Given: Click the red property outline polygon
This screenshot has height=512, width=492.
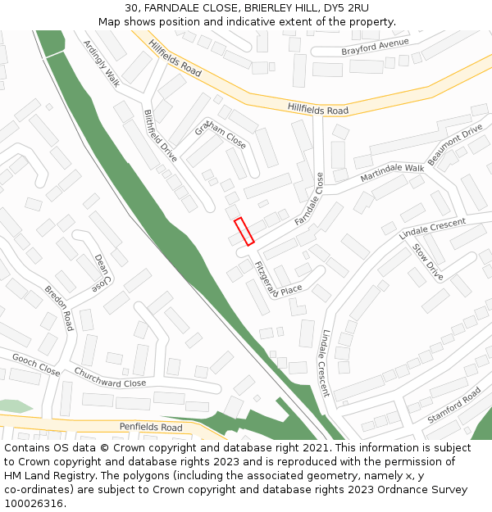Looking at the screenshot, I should [x=244, y=231].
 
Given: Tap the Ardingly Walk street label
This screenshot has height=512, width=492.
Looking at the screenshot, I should [x=101, y=63].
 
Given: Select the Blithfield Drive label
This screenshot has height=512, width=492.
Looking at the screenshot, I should [x=161, y=135].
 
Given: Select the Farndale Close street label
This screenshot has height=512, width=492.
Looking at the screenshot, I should [x=309, y=199].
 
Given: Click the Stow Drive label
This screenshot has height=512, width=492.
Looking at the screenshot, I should [x=427, y=261].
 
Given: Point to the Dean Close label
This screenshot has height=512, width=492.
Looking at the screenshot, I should [x=102, y=273].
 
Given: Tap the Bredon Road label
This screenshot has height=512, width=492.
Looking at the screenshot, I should [x=59, y=308].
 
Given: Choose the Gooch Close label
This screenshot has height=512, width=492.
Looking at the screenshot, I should [x=36, y=364].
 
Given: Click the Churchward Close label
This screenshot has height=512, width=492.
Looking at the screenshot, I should [x=110, y=378].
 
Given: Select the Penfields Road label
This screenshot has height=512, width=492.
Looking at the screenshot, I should [x=151, y=427].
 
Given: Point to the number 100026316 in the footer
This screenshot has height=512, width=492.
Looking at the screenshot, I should [x=34, y=503].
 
